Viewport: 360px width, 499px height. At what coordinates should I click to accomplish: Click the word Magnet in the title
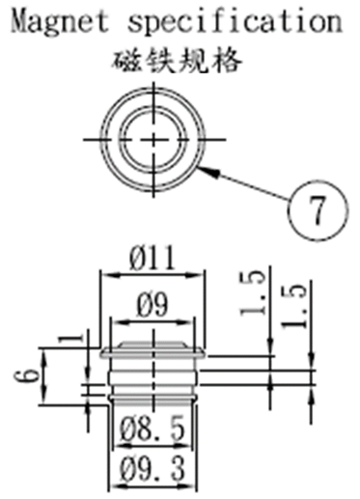60,22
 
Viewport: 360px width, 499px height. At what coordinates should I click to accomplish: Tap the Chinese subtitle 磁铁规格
178,61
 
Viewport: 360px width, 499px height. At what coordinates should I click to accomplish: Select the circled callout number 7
318,210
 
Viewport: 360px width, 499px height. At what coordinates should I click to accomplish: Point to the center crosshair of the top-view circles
153,139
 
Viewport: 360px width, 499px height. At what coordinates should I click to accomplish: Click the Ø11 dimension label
152,258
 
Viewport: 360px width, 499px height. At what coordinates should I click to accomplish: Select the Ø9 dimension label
152,304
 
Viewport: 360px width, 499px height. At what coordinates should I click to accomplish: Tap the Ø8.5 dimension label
152,429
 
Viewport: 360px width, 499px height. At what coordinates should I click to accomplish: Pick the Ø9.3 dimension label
152,468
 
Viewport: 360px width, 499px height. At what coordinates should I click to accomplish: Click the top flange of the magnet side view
152,354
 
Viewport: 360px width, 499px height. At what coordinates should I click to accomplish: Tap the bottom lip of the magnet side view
152,400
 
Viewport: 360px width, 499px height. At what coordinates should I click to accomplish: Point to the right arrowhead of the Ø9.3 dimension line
189,485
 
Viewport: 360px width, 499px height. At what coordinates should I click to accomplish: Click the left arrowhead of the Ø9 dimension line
119,322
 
